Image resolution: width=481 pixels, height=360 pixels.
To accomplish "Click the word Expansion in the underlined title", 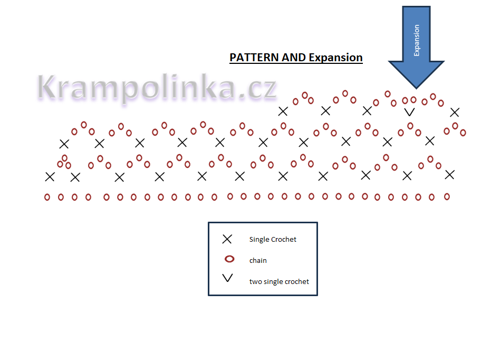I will [335, 58].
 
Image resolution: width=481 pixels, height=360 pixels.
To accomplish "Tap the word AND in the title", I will [294, 58].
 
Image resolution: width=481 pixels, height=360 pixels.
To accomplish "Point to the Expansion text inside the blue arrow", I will [417, 40].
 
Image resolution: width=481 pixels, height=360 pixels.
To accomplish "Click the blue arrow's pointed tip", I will [417, 87].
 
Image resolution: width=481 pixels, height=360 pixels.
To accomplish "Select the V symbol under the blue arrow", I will [409, 112].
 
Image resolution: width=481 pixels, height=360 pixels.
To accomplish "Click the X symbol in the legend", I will [227, 239].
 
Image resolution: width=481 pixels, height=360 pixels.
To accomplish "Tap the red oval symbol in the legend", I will [229, 259].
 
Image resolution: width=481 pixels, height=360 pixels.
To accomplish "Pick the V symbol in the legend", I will [228, 278].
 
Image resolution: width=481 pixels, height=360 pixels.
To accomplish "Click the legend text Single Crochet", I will [273, 240].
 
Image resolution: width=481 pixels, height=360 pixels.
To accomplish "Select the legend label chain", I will [258, 260].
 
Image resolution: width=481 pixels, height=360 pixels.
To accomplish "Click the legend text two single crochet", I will [279, 281].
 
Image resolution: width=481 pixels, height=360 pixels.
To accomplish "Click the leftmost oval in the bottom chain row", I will [47, 197].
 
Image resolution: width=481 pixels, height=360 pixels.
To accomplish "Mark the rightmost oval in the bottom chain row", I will [447, 196].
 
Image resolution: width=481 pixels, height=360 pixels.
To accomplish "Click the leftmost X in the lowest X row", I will [50, 177].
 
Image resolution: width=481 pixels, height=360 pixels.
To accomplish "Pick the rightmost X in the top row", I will [455, 112].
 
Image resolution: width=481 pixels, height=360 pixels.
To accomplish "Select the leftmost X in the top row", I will [283, 111].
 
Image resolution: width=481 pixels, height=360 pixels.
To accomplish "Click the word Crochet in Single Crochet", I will [284, 240].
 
